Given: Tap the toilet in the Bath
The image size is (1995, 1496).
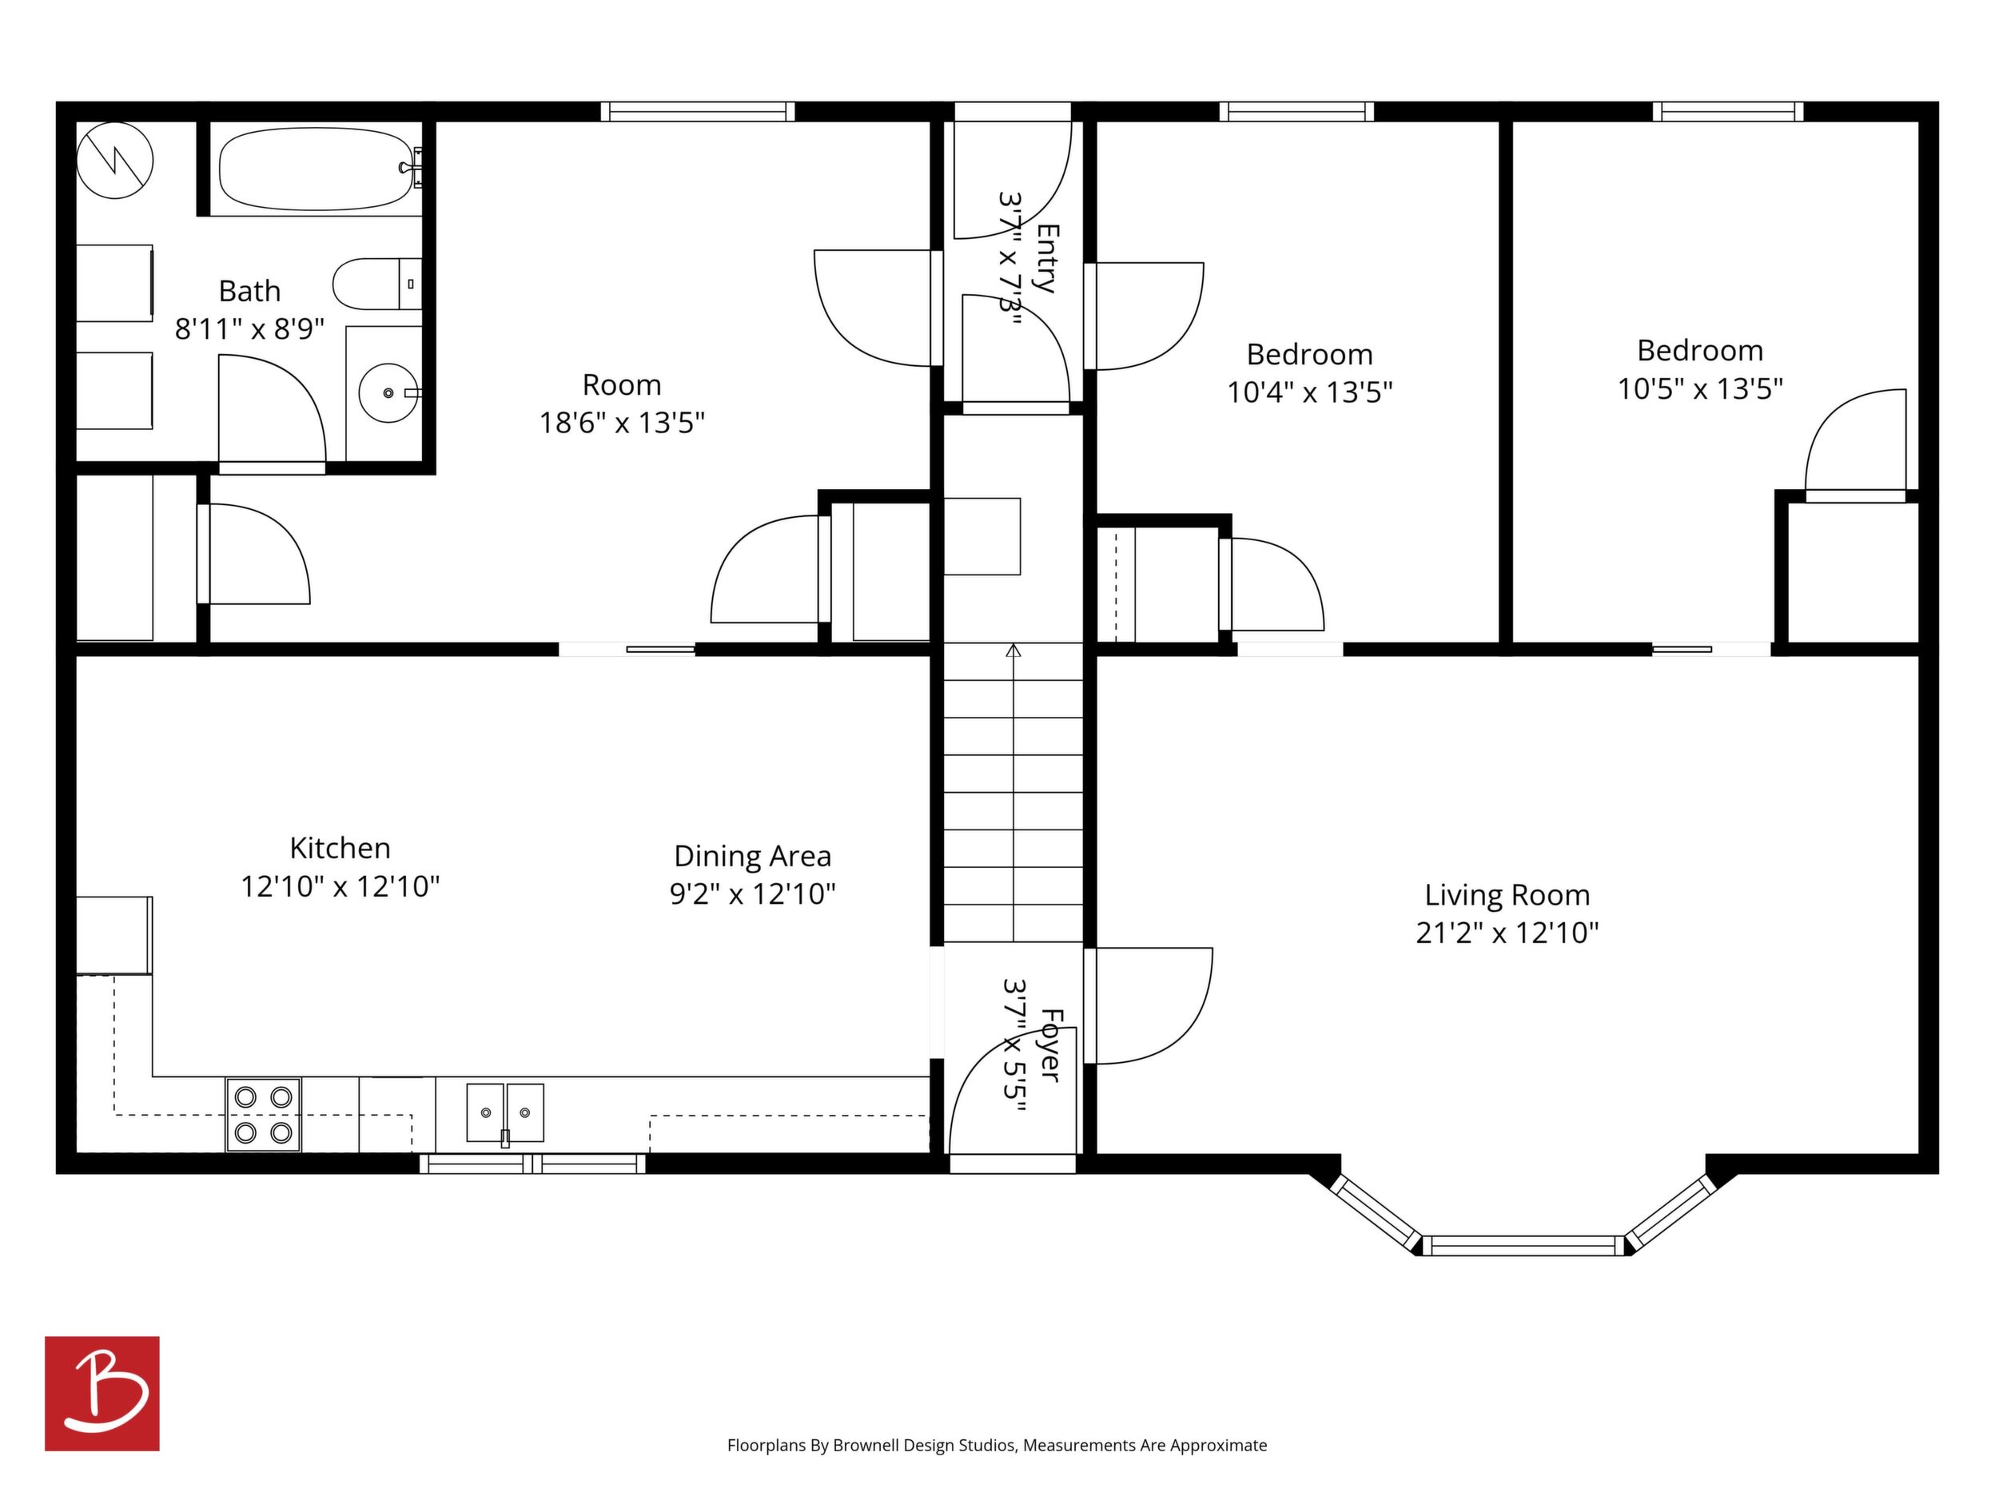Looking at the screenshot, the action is pyautogui.click(x=377, y=284).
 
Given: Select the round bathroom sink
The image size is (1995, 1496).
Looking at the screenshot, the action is pyautogui.click(x=389, y=393).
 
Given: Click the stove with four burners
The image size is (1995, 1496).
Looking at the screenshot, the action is pyautogui.click(x=263, y=1115).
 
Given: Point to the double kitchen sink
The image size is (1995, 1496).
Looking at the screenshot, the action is pyautogui.click(x=505, y=1112).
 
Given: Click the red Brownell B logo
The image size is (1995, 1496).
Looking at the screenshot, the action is pyautogui.click(x=102, y=1393).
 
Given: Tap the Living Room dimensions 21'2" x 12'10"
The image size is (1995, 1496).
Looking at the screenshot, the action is pyautogui.click(x=1507, y=933).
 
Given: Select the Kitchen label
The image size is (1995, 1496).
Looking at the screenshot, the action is pyautogui.click(x=340, y=848).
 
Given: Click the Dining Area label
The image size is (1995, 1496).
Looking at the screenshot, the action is pyautogui.click(x=752, y=856).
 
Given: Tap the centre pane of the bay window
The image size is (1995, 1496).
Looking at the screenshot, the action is pyautogui.click(x=1523, y=1246).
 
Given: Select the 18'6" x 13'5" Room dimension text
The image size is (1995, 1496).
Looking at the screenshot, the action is pyautogui.click(x=621, y=423).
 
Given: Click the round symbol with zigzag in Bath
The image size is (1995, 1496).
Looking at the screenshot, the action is pyautogui.click(x=114, y=161).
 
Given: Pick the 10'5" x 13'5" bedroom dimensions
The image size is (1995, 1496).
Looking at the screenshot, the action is pyautogui.click(x=1700, y=388).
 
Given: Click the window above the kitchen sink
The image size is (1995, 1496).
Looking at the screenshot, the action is pyautogui.click(x=533, y=1164).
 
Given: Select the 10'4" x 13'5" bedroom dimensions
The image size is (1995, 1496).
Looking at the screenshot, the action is pyautogui.click(x=1309, y=392).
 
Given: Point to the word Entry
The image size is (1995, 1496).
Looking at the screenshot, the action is pyautogui.click(x=1047, y=258).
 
